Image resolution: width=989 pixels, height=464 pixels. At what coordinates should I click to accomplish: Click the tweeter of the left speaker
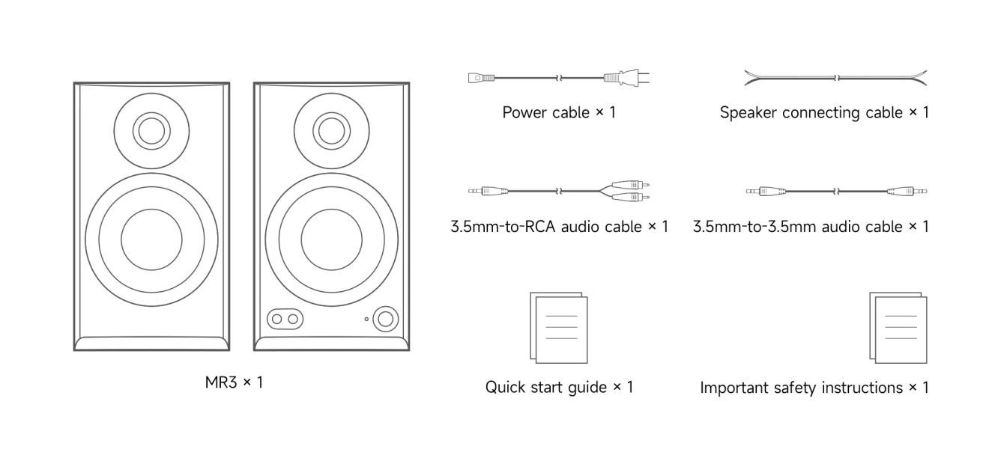pyautogui.click(x=151, y=131)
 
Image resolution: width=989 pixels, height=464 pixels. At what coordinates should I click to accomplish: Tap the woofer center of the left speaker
pyautogui.click(x=151, y=239)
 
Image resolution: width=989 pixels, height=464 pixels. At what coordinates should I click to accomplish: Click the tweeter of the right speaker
pyautogui.click(x=330, y=131)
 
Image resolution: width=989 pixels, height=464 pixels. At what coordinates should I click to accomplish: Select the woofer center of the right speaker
pyautogui.click(x=332, y=239)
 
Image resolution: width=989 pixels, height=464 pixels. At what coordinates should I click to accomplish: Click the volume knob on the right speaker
pyautogui.click(x=386, y=318)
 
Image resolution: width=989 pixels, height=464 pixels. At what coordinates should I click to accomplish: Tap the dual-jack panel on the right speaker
pyautogui.click(x=285, y=319)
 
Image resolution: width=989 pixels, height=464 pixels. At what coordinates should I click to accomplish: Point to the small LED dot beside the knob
pyautogui.click(x=366, y=320)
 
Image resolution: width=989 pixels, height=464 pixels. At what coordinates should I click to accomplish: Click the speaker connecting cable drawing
pyautogui.click(x=835, y=77)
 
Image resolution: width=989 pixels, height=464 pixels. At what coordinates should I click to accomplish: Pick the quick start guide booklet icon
pyautogui.click(x=559, y=327)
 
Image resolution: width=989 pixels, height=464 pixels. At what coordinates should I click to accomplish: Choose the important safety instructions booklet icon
pyautogui.click(x=898, y=327)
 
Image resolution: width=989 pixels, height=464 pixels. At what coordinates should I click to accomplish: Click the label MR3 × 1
pyautogui.click(x=234, y=382)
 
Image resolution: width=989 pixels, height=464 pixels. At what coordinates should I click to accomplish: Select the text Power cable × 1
pyautogui.click(x=559, y=113)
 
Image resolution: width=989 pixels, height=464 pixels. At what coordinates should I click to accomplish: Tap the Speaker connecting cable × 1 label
pyautogui.click(x=824, y=113)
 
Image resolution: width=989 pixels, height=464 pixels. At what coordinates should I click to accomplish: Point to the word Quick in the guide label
pyautogui.click(x=505, y=388)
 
